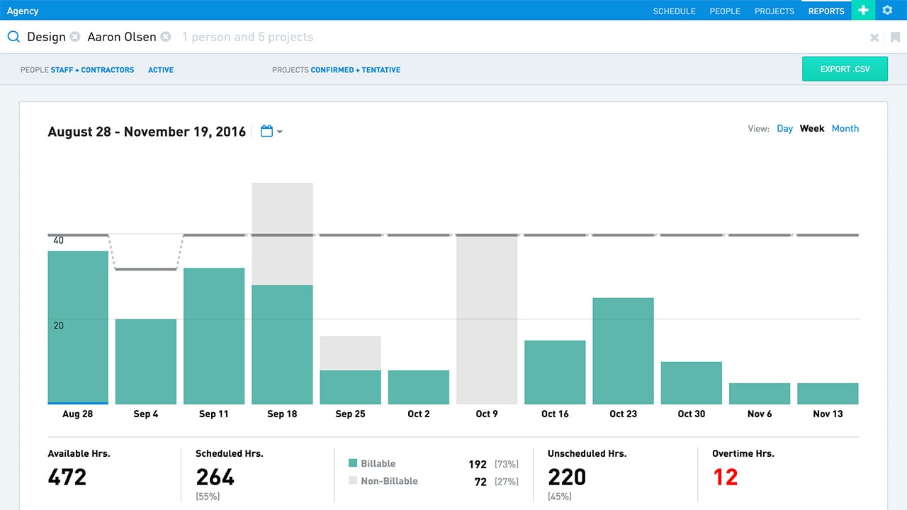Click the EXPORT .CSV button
845,69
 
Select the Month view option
845,128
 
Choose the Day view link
784,128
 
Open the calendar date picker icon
267,131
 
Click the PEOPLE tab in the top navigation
725,11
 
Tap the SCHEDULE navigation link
674,11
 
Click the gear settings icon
887,11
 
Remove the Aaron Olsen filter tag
165,37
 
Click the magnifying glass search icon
13,37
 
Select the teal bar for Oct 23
623,351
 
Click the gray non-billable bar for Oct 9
487,319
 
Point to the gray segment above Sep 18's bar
282,234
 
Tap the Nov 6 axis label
760,414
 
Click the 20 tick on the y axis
58,326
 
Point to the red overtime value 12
725,477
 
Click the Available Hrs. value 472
67,477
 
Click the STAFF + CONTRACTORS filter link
92,70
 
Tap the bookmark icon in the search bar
895,38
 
